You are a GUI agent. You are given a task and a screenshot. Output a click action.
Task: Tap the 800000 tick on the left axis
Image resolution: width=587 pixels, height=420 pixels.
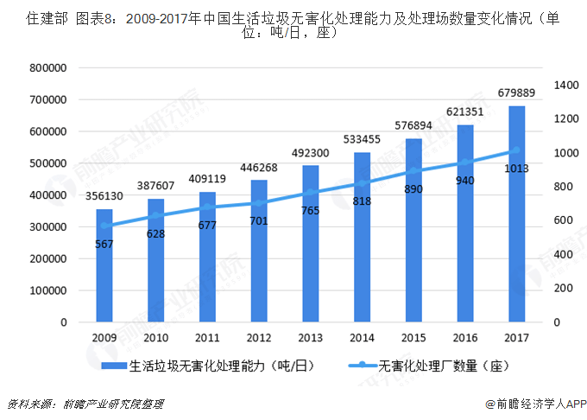click(x=48, y=67)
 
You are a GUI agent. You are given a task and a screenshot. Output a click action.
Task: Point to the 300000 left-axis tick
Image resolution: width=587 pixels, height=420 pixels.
click(x=48, y=226)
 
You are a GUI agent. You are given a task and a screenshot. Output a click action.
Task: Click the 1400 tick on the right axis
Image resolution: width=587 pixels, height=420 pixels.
click(x=565, y=85)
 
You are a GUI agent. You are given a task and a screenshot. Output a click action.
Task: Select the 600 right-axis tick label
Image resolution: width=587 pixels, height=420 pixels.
click(x=562, y=220)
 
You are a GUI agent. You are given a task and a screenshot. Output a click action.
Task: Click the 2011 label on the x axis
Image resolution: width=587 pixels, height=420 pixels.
click(x=207, y=338)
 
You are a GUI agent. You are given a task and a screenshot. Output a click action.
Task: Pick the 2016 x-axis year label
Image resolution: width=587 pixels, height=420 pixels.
click(x=464, y=338)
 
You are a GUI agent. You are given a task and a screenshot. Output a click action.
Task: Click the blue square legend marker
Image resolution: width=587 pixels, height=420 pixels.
click(x=116, y=366)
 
